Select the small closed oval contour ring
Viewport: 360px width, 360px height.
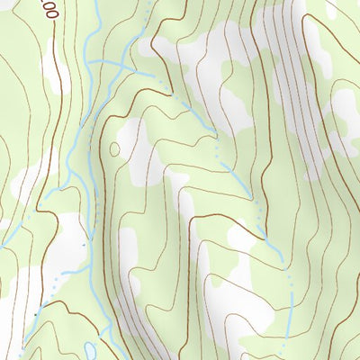click(x=114, y=149)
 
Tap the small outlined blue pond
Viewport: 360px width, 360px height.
click(x=88, y=348)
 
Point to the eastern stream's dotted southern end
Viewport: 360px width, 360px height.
click(x=291, y=306)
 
